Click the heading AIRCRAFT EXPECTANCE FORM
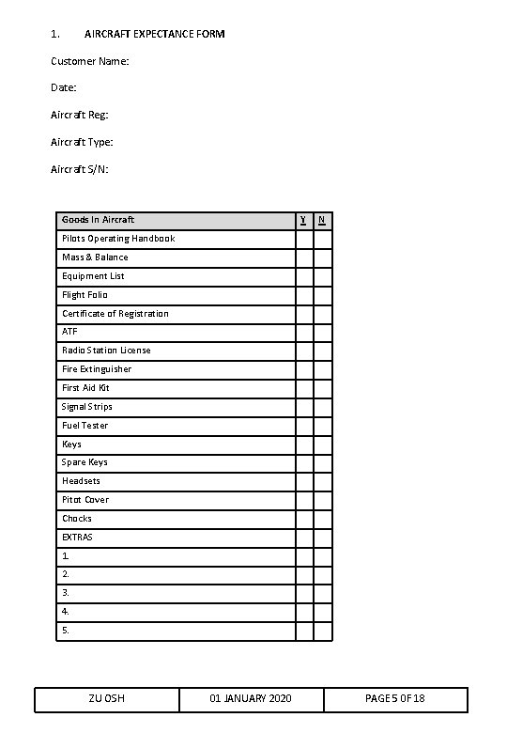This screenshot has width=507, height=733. [x=155, y=34]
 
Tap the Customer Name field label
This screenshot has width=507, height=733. [x=90, y=61]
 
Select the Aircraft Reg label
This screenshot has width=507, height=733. [x=80, y=115]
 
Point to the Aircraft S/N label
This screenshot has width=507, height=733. [x=80, y=169]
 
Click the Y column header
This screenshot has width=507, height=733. [x=302, y=220]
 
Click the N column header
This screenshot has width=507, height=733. [x=322, y=220]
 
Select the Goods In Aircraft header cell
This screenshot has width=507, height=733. [x=99, y=220]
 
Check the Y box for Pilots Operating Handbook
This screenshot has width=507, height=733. [x=304, y=239]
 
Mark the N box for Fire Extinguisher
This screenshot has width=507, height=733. [x=323, y=369]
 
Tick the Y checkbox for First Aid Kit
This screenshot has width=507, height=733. [x=304, y=388]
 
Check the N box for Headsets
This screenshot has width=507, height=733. [x=323, y=481]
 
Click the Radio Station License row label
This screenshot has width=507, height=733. [x=106, y=351]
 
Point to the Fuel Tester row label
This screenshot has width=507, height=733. [x=84, y=426]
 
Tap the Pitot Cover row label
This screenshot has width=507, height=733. [x=85, y=500]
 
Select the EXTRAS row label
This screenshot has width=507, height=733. [x=77, y=538]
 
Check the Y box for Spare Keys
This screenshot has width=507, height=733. [x=304, y=462]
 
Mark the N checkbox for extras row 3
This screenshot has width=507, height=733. [x=323, y=593]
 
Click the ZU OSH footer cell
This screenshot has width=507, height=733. [x=107, y=699]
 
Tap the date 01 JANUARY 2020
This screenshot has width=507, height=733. [x=251, y=699]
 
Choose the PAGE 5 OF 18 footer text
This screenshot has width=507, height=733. [x=394, y=699]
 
